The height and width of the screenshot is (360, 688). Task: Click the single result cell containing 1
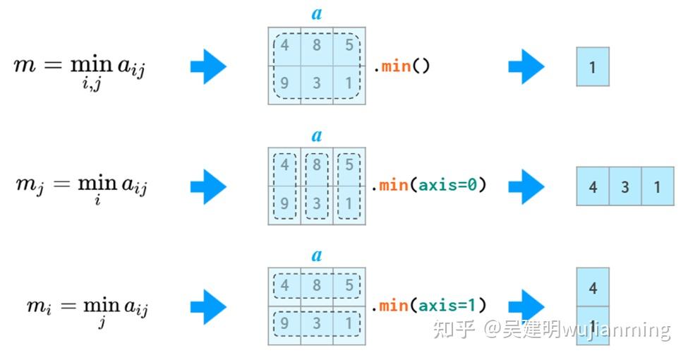point(592,67)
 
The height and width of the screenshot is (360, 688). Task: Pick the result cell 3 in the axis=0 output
point(625,186)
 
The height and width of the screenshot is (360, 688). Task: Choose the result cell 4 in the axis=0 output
point(593,186)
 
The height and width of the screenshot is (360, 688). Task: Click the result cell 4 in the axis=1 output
point(593,287)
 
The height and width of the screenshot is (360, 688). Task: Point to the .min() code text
point(401,66)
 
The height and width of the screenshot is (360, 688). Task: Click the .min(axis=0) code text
point(429,186)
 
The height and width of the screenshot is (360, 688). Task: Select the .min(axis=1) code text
point(429,306)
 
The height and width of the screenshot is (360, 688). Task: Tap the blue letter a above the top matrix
point(317,13)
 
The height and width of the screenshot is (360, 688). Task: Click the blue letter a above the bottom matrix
point(317,255)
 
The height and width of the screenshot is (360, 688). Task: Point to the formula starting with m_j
point(81,187)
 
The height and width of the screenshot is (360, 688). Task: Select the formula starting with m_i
point(87,307)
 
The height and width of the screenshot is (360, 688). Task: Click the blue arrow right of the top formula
point(208,67)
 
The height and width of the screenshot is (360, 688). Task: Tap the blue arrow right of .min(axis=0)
point(526,186)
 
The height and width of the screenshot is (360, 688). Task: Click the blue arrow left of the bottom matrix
point(208,306)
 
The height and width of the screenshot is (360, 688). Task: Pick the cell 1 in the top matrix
point(349,83)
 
